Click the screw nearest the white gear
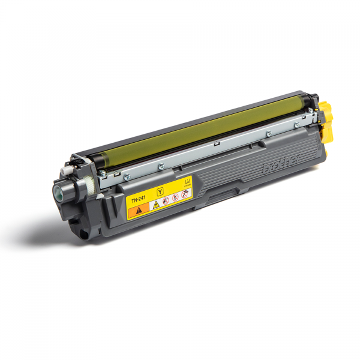(126, 176)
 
